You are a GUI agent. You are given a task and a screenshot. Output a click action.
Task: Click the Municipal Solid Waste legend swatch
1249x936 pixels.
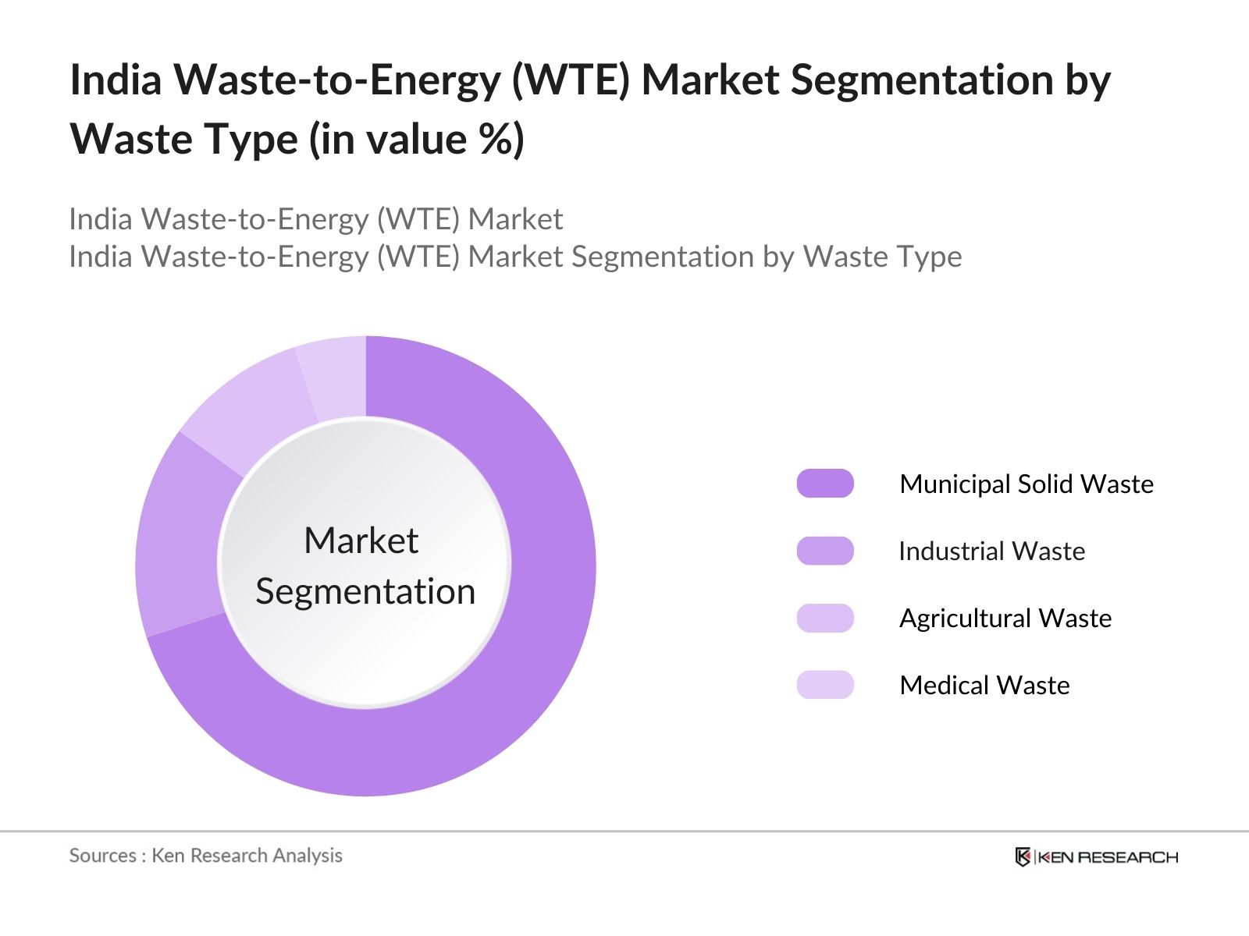(825, 484)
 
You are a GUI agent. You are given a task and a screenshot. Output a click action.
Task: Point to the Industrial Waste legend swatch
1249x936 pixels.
(825, 551)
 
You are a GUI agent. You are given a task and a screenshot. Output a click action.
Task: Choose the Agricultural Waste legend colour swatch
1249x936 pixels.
(825, 618)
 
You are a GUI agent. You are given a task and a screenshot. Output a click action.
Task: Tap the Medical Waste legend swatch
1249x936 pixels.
(825, 685)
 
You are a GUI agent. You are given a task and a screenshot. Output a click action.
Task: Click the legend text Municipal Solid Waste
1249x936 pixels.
(1026, 484)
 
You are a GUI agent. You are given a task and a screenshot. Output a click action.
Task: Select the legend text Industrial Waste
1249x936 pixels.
(991, 551)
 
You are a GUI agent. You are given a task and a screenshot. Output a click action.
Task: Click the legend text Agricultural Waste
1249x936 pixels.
(1005, 618)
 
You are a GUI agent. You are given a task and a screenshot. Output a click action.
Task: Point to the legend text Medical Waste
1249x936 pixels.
(984, 685)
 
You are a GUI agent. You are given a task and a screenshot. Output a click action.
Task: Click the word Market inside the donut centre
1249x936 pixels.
(361, 541)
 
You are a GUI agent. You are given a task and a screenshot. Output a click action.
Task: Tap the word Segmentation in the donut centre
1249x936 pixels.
(365, 591)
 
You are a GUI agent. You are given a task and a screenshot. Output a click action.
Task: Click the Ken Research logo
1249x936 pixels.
(1096, 856)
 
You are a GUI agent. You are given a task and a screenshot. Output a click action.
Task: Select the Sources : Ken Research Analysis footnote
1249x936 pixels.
(205, 856)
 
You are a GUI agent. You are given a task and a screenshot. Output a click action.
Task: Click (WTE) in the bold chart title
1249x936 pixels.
(570, 80)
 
